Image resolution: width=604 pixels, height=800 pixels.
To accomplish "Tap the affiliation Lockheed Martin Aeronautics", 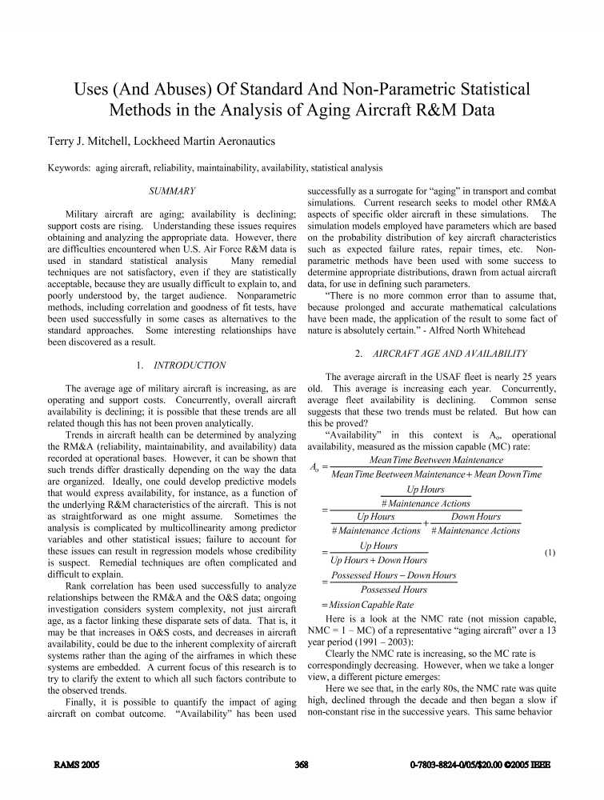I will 211,142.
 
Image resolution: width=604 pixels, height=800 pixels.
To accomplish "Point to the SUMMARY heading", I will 174,192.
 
